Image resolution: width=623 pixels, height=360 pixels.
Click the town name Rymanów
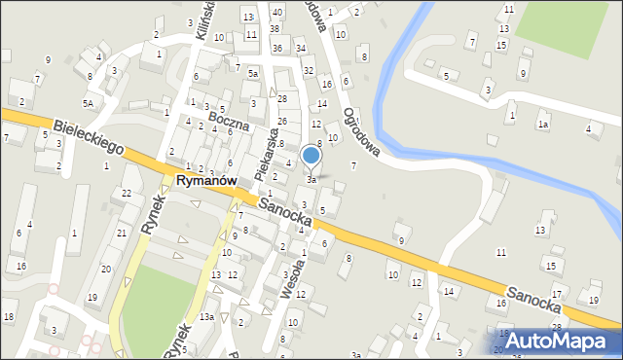pos(209,182)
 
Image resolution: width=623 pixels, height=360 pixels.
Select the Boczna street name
pos(228,121)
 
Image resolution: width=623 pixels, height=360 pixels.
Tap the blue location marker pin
pos(311,156)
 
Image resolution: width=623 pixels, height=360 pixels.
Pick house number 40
pos(277,12)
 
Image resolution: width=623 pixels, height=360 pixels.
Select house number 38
pos(275,30)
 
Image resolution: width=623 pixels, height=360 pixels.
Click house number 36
pos(277,48)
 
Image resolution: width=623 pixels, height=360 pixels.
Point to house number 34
pos(301,48)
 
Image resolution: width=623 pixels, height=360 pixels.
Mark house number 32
pos(309,70)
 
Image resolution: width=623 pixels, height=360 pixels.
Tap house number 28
pos(282,99)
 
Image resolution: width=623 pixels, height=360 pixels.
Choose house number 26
pos(282,122)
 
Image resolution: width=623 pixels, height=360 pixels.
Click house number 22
pos(128,194)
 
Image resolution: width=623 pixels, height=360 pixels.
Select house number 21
pos(121,234)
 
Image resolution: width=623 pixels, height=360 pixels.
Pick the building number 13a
pos(207,317)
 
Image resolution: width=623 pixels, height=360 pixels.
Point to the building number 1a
pos(544,125)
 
